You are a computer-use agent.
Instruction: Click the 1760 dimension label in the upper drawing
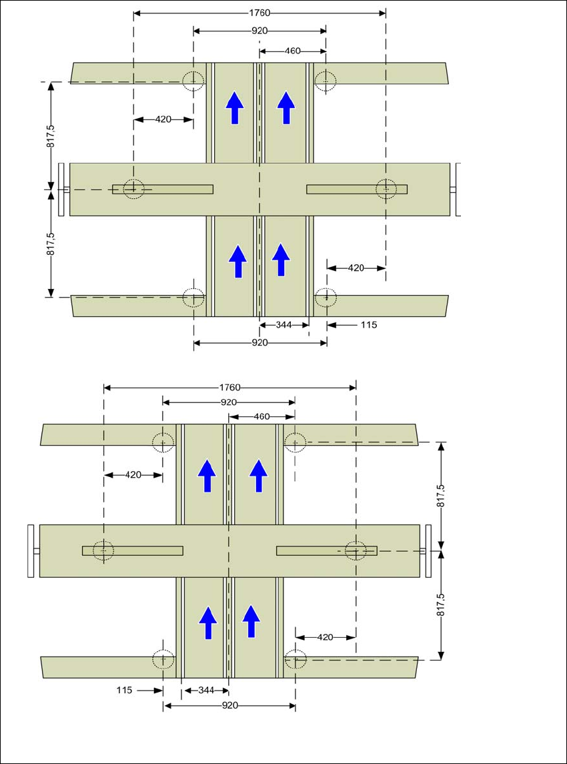click(259, 13)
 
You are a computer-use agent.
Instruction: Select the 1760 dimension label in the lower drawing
click(229, 387)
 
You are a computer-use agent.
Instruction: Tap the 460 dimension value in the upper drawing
click(292, 51)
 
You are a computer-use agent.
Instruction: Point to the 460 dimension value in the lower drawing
click(261, 416)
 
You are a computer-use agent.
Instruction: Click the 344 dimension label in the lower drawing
click(206, 690)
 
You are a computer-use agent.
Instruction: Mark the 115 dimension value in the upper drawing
click(368, 325)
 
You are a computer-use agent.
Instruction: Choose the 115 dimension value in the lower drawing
click(124, 690)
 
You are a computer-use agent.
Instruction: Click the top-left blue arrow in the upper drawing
click(234, 108)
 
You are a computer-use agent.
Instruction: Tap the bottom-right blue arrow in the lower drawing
click(251, 621)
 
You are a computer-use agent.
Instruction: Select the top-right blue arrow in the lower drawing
click(259, 476)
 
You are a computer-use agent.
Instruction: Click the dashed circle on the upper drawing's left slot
click(134, 189)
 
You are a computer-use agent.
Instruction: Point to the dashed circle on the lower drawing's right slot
click(356, 551)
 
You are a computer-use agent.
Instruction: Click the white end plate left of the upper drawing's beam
click(61, 189)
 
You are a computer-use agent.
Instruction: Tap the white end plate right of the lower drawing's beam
click(429, 551)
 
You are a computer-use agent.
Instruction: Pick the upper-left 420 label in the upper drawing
click(163, 119)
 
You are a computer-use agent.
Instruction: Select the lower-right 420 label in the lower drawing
click(325, 637)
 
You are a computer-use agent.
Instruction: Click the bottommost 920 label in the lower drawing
click(229, 705)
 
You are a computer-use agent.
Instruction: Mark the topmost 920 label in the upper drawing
click(259, 31)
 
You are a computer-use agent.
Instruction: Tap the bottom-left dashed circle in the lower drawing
click(162, 660)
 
